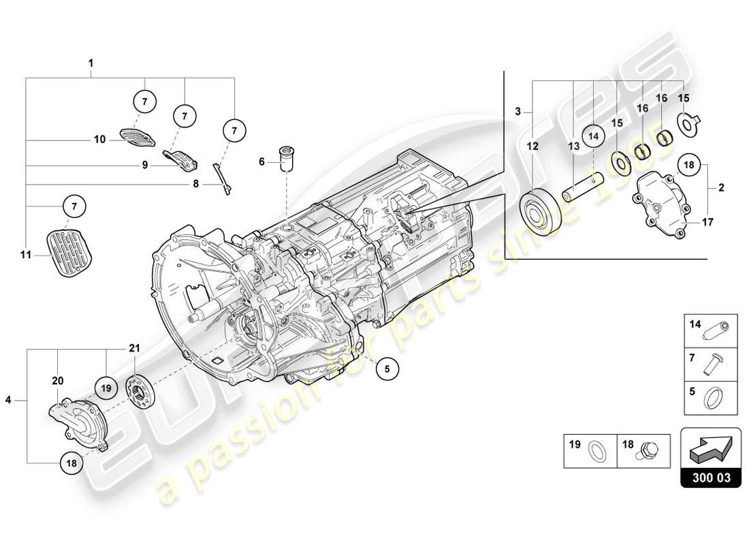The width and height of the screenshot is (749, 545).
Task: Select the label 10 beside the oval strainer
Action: point(100,140)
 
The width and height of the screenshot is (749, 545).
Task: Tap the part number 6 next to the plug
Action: point(261,161)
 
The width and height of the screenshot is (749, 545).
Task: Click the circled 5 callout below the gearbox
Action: point(387,369)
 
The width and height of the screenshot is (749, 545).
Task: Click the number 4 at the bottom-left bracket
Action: point(9,401)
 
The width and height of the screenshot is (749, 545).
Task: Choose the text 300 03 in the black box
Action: point(711,478)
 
